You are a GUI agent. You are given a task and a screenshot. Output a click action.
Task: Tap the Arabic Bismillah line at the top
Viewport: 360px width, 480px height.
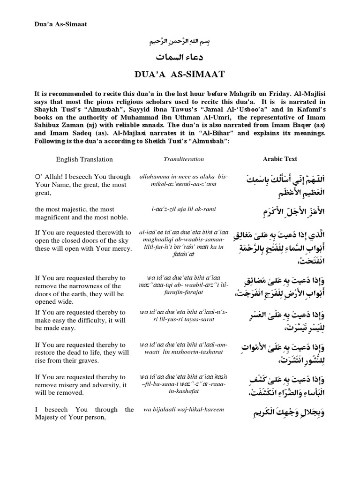180,43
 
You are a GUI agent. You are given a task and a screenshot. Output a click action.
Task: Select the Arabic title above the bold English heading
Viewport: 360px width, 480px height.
180,58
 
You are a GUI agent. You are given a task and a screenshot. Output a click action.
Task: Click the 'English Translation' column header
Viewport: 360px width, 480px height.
84,159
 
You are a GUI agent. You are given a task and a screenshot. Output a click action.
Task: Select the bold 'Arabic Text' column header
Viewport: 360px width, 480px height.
280,159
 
